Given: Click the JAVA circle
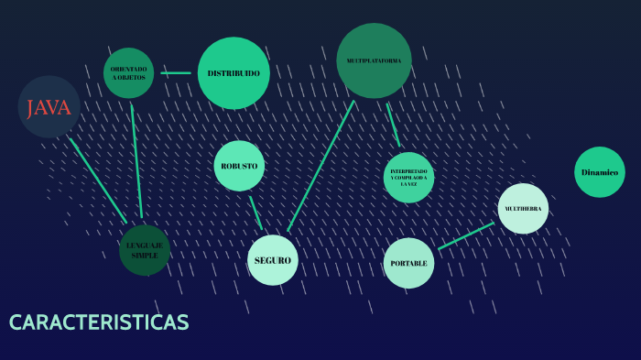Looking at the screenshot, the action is click(49, 107).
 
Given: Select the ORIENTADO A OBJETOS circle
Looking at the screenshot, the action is click(128, 72).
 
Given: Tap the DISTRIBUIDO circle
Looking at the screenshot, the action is click(234, 73).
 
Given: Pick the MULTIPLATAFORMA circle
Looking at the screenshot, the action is click(374, 60).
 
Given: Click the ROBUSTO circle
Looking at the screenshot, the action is click(239, 166).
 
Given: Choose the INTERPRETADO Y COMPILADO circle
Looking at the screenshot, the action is click(408, 177).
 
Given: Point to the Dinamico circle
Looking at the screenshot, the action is click(600, 172).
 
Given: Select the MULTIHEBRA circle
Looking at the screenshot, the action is click(523, 208).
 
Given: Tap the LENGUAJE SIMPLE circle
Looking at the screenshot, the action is click(145, 249).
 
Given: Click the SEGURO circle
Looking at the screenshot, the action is click(273, 260).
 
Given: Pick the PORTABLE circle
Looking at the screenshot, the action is click(408, 263).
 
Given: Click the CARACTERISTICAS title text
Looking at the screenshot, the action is click(99, 322).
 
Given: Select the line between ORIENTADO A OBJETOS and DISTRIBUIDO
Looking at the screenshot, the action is click(176, 72).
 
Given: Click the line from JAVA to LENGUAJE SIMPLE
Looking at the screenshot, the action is click(98, 180).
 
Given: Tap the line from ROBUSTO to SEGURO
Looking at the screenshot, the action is click(255, 212).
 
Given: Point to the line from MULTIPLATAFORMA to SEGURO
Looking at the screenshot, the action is click(320, 166).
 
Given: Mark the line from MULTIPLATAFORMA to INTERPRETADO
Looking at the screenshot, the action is click(393, 124).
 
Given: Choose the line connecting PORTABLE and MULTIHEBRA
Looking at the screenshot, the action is click(465, 235).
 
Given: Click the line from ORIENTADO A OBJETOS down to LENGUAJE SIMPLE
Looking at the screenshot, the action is click(136, 160).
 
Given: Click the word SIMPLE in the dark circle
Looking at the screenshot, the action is click(145, 255).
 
